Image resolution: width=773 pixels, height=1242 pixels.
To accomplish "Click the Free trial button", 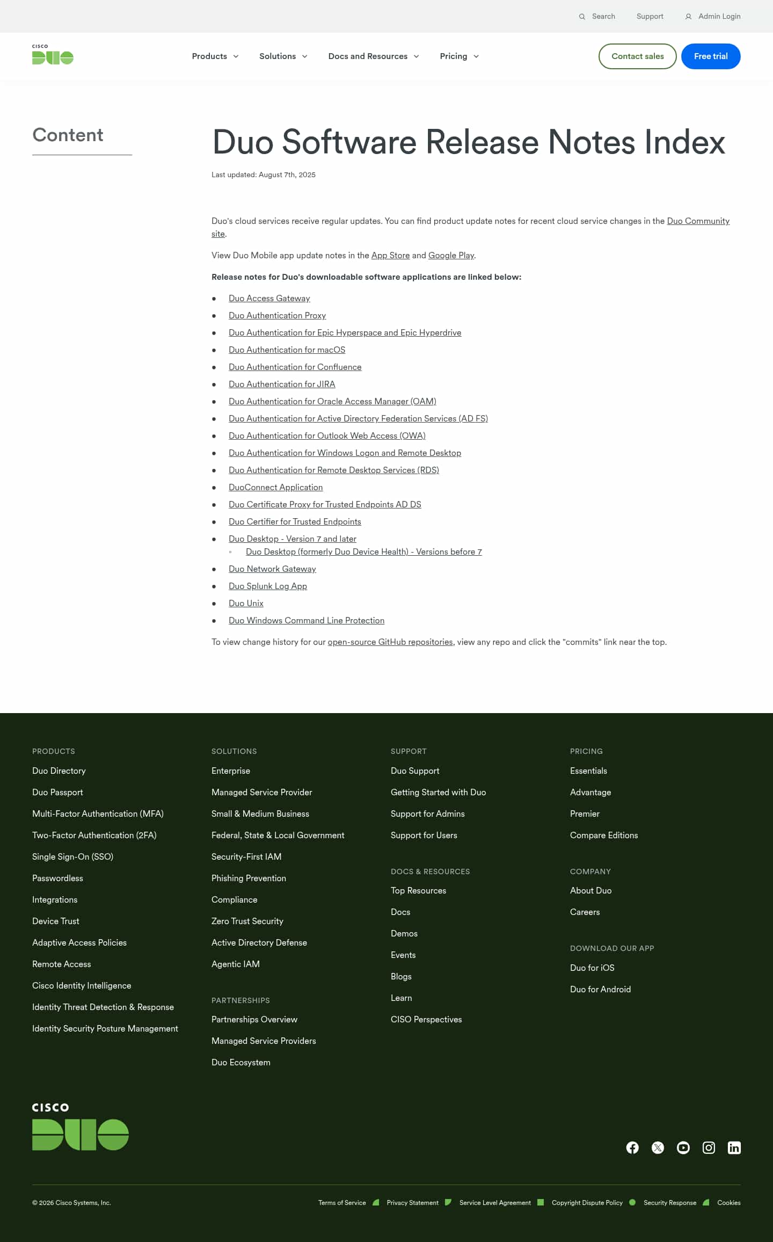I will pyautogui.click(x=710, y=56).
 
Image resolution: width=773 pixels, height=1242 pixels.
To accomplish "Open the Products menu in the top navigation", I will pyautogui.click(x=215, y=56).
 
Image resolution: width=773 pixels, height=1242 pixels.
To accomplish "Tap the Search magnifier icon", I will pyautogui.click(x=582, y=17).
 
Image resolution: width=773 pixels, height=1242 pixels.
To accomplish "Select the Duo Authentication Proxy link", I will pyautogui.click(x=277, y=316).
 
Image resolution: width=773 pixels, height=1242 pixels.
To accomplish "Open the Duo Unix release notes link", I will pyautogui.click(x=246, y=604).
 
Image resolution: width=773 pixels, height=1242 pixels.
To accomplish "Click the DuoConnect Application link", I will pyautogui.click(x=275, y=488).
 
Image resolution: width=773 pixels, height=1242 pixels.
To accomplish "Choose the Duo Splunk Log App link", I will pyautogui.click(x=267, y=586).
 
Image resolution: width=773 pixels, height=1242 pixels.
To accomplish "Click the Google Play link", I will pyautogui.click(x=451, y=256).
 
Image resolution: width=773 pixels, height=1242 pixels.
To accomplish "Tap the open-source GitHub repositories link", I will pyautogui.click(x=390, y=642).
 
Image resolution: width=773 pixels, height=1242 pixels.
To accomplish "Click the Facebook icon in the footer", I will pyautogui.click(x=632, y=1147).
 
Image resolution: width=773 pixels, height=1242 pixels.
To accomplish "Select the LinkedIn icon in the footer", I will pyautogui.click(x=734, y=1147).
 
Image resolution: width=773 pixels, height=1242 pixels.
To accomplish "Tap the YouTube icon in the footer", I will pyautogui.click(x=683, y=1147).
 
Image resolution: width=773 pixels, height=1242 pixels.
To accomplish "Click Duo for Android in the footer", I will pyautogui.click(x=600, y=989).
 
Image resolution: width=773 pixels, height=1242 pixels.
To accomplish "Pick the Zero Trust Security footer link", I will pyautogui.click(x=247, y=921).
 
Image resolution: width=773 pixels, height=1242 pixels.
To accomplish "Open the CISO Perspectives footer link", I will pyautogui.click(x=426, y=1019).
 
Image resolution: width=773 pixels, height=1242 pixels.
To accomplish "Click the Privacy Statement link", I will pyautogui.click(x=412, y=1203).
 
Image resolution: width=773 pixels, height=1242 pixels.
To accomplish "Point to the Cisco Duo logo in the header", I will pyautogui.click(x=53, y=55).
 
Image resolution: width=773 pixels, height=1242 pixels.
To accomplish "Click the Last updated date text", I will pyautogui.click(x=263, y=175).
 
